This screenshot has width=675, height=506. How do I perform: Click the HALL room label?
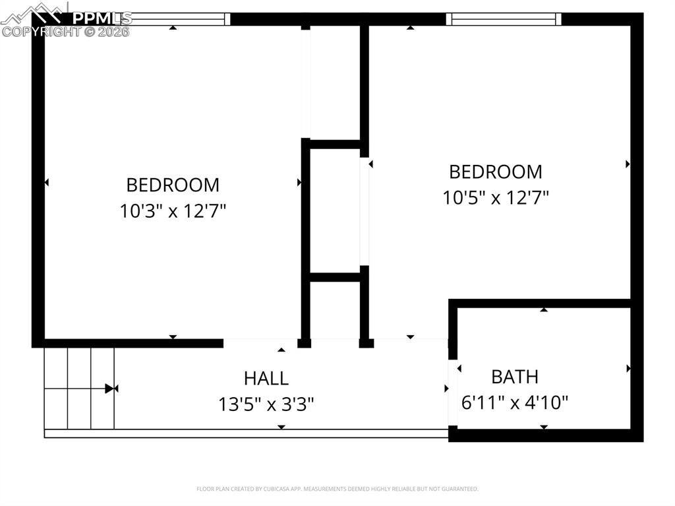coord(266,378)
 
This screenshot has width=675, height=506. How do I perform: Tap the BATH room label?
coord(515,377)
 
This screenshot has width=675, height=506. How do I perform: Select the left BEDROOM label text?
coord(173,185)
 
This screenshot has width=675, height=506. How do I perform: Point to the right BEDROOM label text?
coord(496,172)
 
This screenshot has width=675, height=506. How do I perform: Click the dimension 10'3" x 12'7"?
coord(173,211)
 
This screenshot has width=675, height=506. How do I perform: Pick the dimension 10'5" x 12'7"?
coord(496,197)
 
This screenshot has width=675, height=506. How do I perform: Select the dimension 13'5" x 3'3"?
coord(266,404)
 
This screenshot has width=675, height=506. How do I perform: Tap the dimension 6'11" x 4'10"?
coord(515,402)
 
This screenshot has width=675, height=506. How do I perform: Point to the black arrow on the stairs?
coord(109,389)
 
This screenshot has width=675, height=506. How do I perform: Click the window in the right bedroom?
coord(504,19)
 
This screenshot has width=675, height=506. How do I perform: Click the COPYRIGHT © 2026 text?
coord(66,32)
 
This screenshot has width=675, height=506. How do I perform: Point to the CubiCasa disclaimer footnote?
coord(337,489)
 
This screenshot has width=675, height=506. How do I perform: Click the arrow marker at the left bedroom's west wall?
coord(46,182)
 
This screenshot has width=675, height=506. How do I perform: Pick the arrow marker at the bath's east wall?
coord(628,368)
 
